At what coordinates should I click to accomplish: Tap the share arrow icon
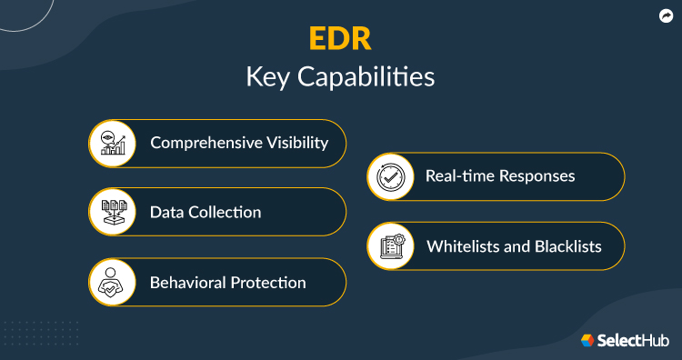(x=666, y=15)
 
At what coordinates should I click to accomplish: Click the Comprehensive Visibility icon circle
(x=114, y=142)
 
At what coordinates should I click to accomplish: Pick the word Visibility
(x=296, y=143)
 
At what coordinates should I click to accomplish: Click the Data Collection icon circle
(x=114, y=212)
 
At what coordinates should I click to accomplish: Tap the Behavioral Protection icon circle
(x=114, y=282)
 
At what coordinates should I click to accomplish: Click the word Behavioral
(x=187, y=283)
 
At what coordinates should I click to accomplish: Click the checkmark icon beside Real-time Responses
(x=392, y=176)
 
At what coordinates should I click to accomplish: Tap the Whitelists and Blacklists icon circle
(x=392, y=246)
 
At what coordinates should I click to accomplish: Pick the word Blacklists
(x=580, y=246)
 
